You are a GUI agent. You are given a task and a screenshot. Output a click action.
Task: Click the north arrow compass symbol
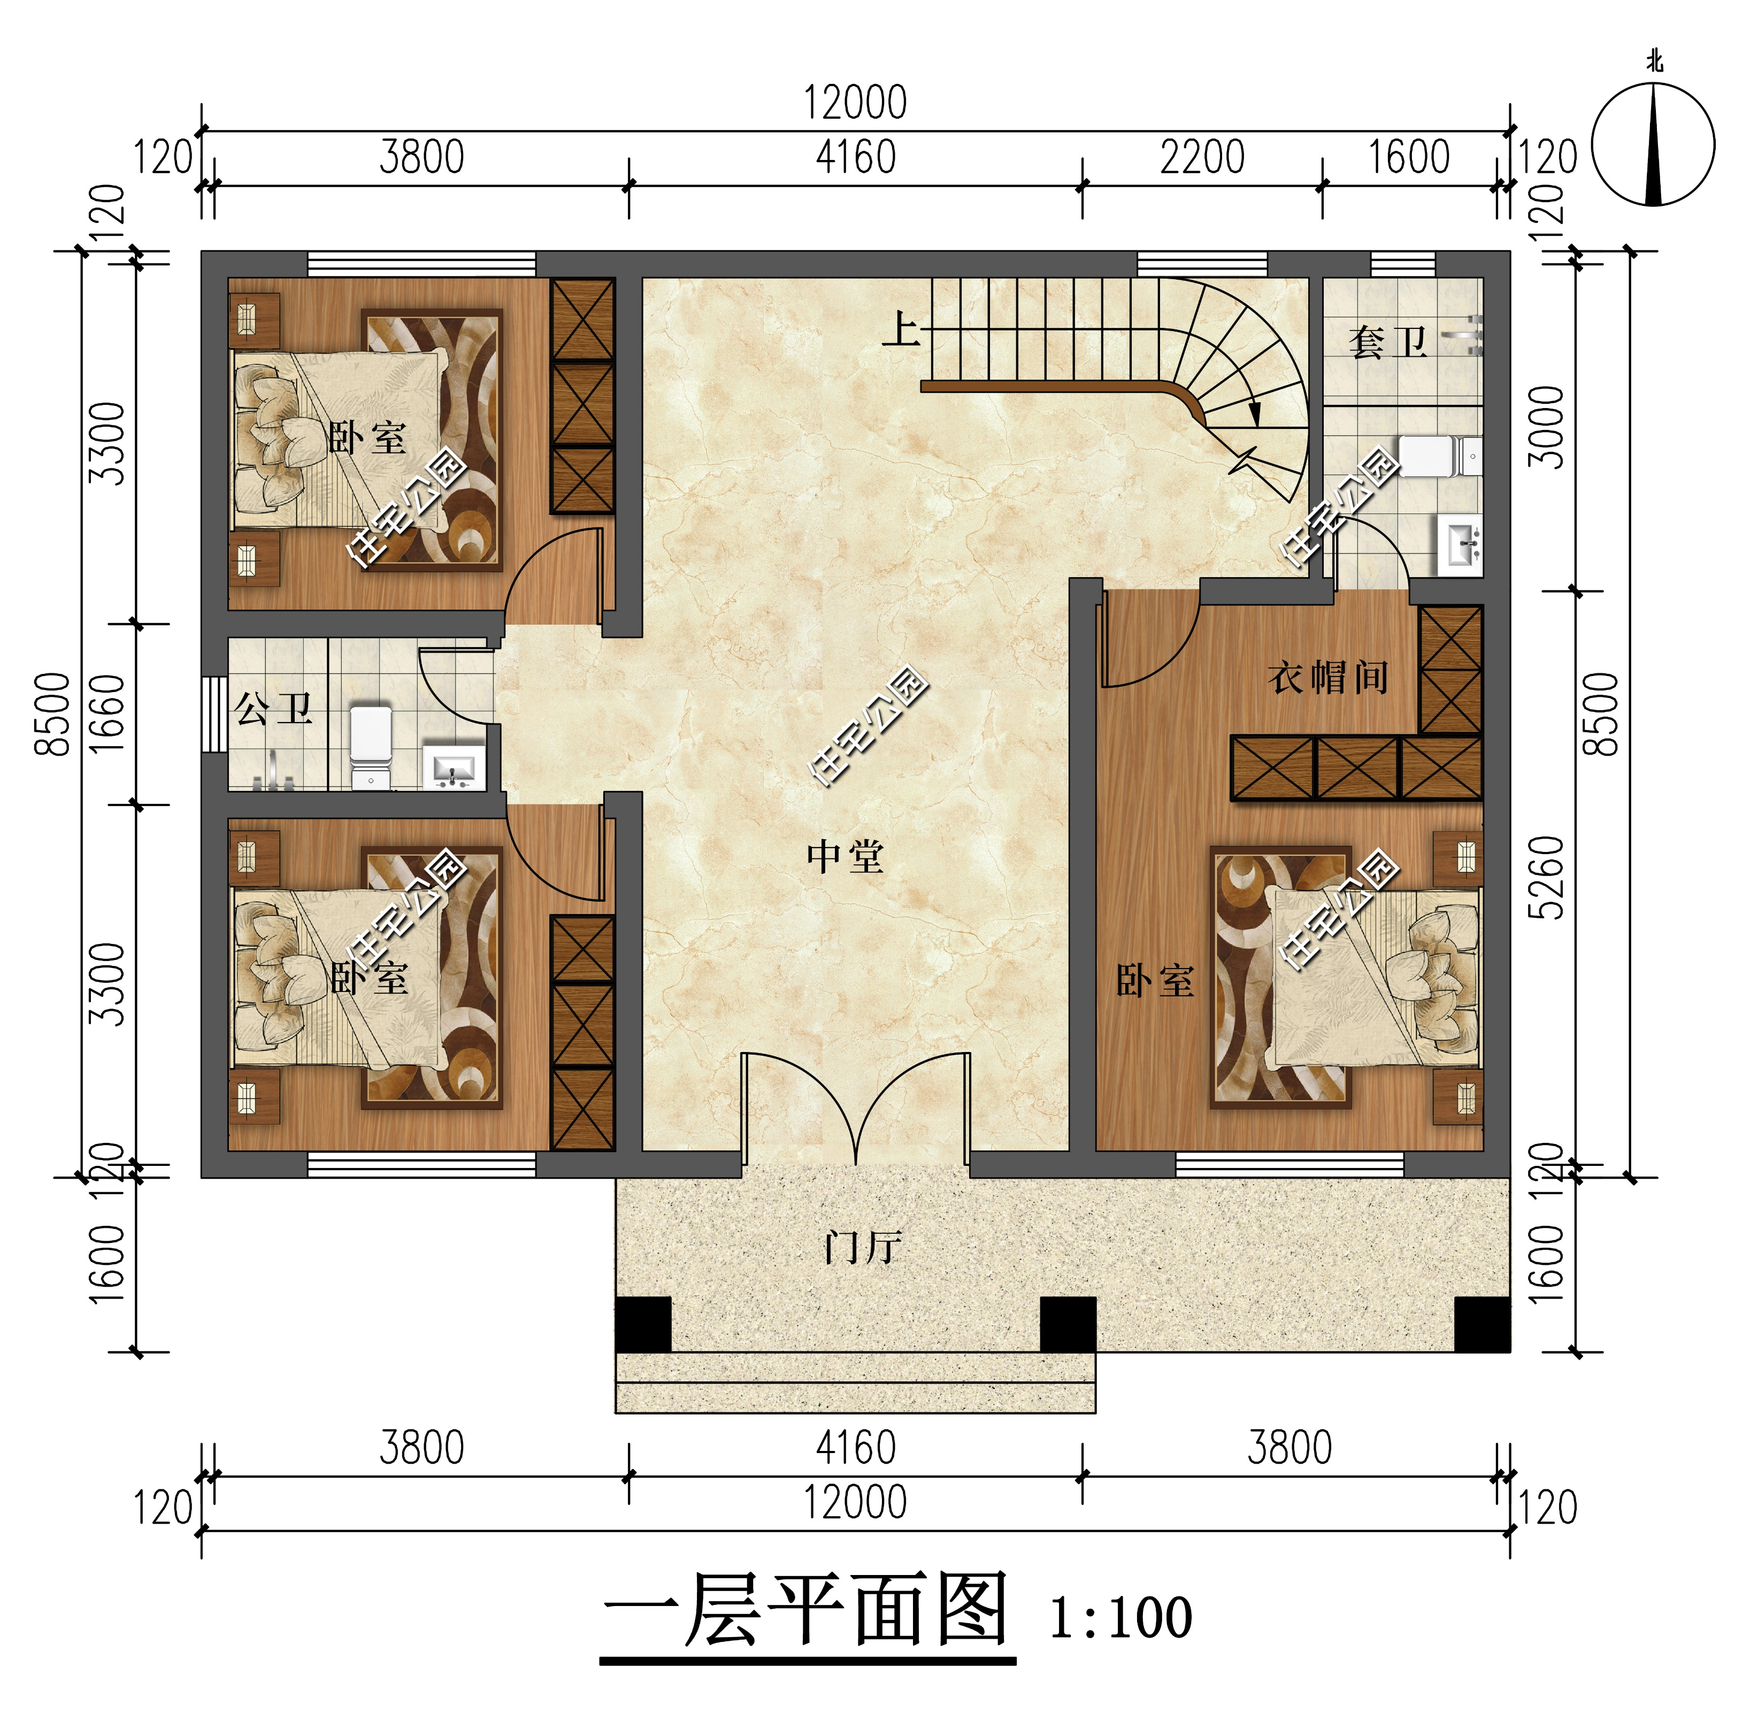point(1652,144)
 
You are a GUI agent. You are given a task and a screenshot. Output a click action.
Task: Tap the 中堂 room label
point(845,857)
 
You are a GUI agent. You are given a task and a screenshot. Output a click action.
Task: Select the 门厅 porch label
point(862,1248)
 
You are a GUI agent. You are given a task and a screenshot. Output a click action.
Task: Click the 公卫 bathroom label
point(273,709)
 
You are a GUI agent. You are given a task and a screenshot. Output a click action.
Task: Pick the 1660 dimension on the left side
point(108,713)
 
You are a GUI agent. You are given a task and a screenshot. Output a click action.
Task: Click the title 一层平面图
point(805,1610)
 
